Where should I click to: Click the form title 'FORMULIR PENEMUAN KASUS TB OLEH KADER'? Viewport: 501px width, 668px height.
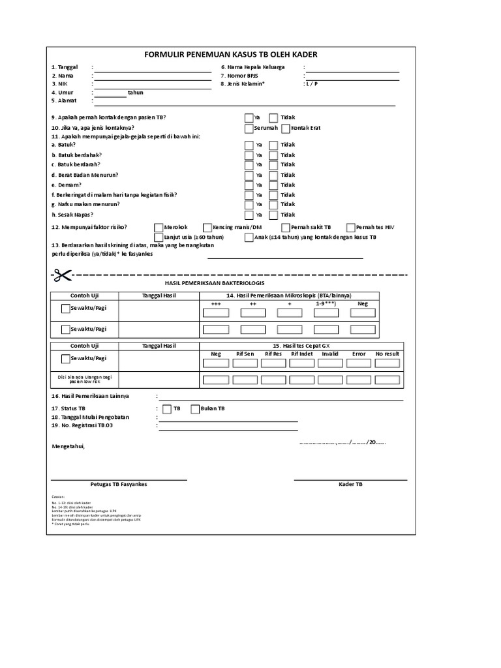230,55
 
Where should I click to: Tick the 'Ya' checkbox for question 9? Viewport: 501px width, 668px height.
249,118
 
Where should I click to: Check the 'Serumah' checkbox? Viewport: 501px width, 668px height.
249,128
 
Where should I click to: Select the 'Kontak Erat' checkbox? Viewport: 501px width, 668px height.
285,128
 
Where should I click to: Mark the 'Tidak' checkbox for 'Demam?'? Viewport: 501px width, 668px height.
273,185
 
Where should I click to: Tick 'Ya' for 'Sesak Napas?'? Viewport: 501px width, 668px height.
249,215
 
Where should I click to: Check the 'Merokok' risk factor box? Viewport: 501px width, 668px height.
158,227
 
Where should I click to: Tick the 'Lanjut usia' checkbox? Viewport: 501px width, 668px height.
158,237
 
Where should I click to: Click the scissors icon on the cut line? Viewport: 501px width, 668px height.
61,275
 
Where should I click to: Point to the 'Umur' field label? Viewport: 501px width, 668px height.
67,93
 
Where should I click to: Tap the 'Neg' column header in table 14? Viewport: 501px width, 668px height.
363,303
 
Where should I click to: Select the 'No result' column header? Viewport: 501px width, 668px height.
386,354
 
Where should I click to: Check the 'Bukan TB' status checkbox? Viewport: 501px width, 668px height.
195,409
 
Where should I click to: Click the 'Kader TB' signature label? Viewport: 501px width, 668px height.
350,485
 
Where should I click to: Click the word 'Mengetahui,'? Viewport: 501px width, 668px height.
68,446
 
